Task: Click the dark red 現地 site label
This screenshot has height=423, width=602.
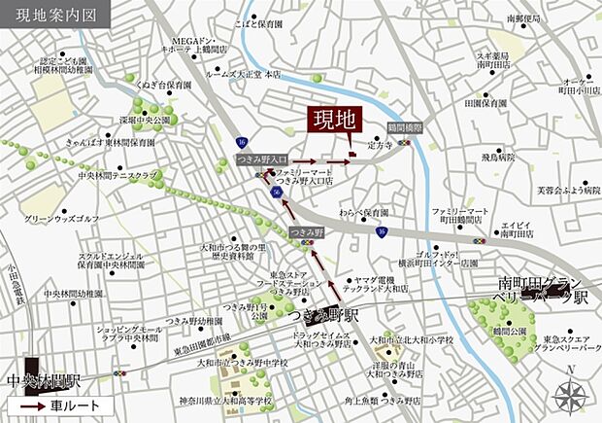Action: pyautogui.click(x=333, y=121)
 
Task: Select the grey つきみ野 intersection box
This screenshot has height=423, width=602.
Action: pyautogui.click(x=305, y=231)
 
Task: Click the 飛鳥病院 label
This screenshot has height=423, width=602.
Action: pyautogui.click(x=500, y=156)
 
